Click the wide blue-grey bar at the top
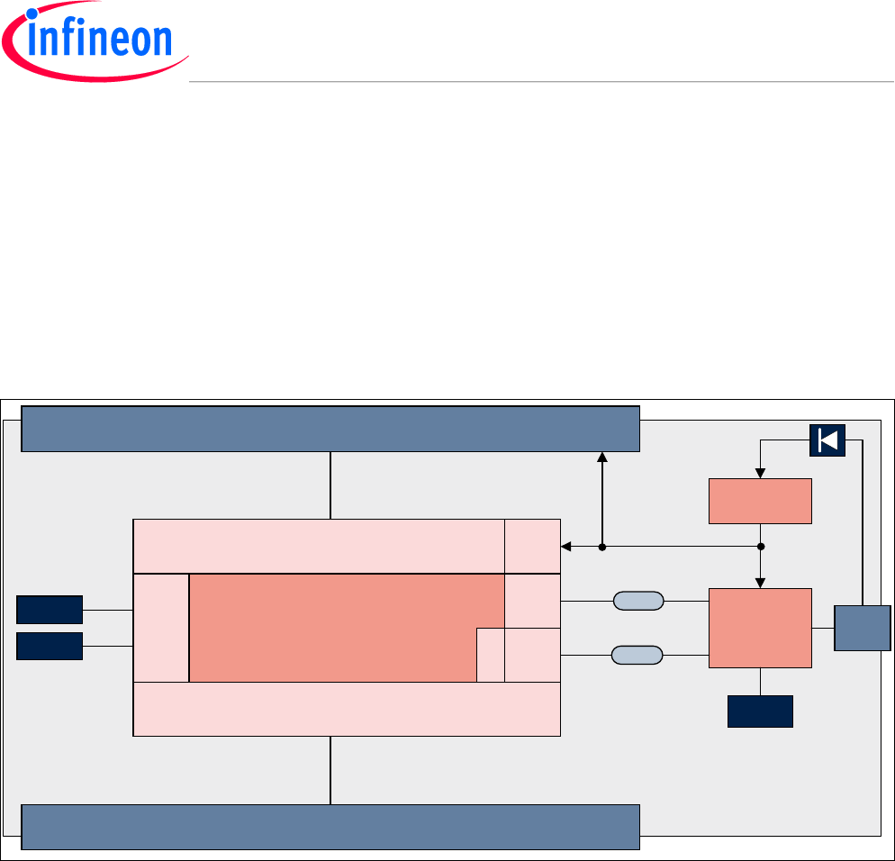click(330, 429)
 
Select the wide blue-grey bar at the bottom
click(330, 827)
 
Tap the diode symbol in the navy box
click(827, 440)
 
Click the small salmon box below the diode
click(760, 501)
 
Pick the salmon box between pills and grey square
click(760, 628)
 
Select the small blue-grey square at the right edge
click(862, 628)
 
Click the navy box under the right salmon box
click(760, 711)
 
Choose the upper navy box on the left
click(50, 610)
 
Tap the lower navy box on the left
click(50, 646)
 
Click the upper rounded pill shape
click(637, 601)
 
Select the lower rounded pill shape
click(637, 655)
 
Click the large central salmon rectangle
click(333, 628)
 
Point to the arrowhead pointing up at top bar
click(602, 458)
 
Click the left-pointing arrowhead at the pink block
click(565, 546)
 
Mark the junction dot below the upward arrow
click(602, 546)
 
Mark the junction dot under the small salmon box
click(761, 546)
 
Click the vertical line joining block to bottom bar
click(330, 770)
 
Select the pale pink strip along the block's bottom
click(347, 710)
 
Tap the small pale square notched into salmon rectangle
click(490, 655)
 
